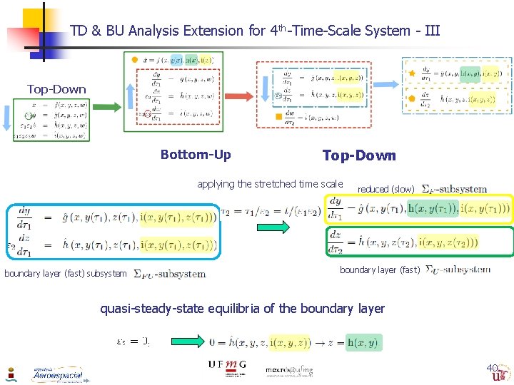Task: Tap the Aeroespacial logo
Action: (x=57, y=374)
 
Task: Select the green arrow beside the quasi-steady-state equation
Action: (x=185, y=343)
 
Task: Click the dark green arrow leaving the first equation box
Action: (x=106, y=108)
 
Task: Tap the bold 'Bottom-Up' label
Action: (x=195, y=155)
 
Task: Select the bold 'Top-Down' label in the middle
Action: (x=358, y=155)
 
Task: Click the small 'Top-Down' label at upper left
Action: (x=56, y=90)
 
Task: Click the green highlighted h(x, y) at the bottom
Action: (x=363, y=343)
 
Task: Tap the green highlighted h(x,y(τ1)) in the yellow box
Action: (x=433, y=208)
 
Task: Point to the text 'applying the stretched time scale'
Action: (x=270, y=184)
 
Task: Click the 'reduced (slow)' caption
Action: (x=385, y=189)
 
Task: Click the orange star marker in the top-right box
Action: (x=411, y=73)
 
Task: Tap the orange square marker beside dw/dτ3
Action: (x=278, y=116)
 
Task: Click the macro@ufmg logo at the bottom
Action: (x=288, y=370)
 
